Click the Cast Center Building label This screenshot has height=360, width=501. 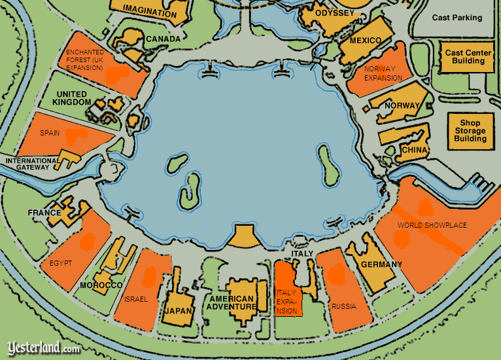469,57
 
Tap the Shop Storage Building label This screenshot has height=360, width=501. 470,130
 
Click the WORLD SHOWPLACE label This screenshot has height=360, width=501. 432,225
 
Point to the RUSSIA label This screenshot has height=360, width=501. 343,306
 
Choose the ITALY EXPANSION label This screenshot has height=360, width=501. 287,302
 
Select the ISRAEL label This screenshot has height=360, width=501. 136,299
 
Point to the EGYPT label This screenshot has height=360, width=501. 60,263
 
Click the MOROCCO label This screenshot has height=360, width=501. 101,286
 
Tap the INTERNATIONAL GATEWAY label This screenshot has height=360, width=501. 28,164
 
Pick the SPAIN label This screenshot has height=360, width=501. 50,133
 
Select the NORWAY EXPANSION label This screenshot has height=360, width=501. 383,73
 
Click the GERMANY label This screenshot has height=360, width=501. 381,264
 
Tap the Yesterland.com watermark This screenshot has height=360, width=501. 43,348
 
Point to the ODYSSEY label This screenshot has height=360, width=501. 334,13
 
